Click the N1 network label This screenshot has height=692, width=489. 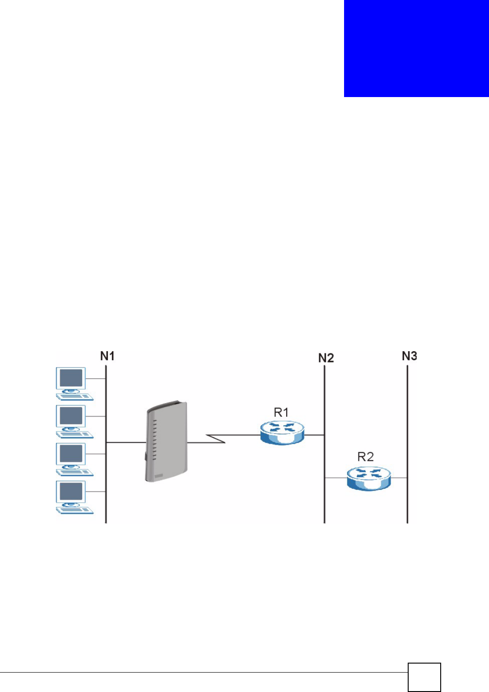pyautogui.click(x=107, y=356)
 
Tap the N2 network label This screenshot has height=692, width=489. pyautogui.click(x=326, y=358)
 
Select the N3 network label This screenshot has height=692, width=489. pyautogui.click(x=410, y=356)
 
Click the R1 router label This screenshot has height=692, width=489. pyautogui.click(x=281, y=412)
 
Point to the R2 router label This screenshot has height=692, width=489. pyautogui.click(x=366, y=457)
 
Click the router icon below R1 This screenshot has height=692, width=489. pyautogui.click(x=283, y=433)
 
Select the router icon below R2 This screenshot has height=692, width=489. pyautogui.click(x=369, y=478)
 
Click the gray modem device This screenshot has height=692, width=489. pyautogui.click(x=166, y=441)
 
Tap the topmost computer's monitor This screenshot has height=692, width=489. pyautogui.click(x=71, y=378)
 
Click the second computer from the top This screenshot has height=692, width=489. pyautogui.click(x=72, y=421)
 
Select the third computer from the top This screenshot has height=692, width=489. pyautogui.click(x=72, y=459)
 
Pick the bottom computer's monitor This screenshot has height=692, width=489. pyautogui.click(x=71, y=492)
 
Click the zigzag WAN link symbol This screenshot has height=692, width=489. pyautogui.click(x=216, y=438)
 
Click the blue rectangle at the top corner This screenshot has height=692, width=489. pyautogui.click(x=416, y=48)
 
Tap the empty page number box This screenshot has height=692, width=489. pyautogui.click(x=424, y=677)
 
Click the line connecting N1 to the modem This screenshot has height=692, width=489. pyautogui.click(x=126, y=442)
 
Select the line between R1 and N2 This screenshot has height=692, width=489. pyautogui.click(x=314, y=435)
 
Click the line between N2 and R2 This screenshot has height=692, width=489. pyautogui.click(x=335, y=478)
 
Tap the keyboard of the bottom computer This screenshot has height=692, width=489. pyautogui.click(x=75, y=511)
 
